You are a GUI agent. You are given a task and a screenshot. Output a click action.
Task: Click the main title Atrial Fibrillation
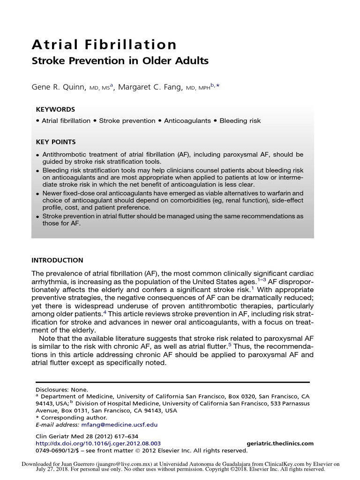click(104, 45)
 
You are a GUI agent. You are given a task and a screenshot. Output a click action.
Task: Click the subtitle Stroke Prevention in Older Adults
click(120, 61)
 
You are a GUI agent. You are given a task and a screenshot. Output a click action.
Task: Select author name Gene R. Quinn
click(59, 87)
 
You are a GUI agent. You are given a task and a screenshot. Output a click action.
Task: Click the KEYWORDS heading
click(55, 109)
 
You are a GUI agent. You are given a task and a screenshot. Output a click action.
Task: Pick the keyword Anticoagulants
click(187, 121)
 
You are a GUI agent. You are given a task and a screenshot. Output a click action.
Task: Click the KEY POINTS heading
click(56, 142)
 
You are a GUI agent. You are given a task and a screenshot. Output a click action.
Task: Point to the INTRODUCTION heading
click(57, 260)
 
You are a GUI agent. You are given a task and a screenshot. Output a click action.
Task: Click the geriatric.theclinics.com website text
click(280, 443)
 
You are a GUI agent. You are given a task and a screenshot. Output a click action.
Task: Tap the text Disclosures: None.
click(62, 390)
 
